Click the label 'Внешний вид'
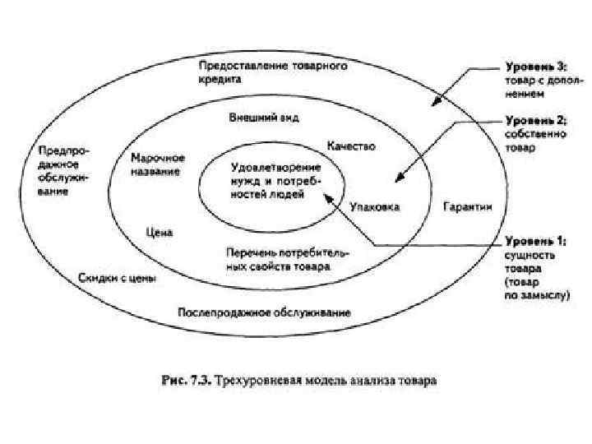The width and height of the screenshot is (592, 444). tap(263, 118)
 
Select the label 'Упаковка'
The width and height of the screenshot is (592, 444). tap(374, 206)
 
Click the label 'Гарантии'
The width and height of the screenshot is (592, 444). tap(467, 206)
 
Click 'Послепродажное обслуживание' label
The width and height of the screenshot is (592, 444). tap(264, 312)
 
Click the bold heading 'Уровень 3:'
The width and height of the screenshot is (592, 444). tap(533, 67)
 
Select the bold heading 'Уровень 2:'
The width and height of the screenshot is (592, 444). tap(532, 120)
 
